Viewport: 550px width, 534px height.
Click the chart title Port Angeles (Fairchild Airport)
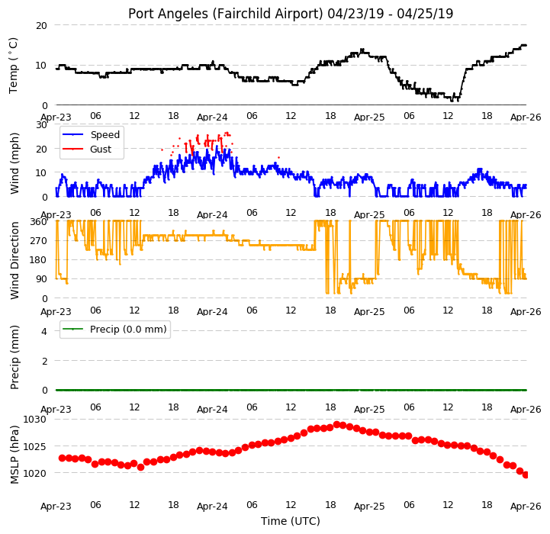225,14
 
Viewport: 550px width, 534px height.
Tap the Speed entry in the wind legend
105,135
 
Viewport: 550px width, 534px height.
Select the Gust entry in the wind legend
101,149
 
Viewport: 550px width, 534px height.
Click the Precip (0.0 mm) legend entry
128,330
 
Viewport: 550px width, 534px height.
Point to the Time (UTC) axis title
291,521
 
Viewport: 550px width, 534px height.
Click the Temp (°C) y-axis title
13,66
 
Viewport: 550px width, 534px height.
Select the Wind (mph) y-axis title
14,163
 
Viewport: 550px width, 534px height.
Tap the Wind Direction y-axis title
14,260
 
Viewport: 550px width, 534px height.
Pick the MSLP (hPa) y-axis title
14,455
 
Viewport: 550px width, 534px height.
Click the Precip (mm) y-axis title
14,358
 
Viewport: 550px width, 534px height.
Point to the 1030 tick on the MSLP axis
34,420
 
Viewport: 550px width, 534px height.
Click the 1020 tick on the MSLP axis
34,474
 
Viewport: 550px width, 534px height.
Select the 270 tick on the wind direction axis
40,241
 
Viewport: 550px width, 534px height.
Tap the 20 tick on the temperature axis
41,26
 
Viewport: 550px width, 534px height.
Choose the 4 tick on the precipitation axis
44,331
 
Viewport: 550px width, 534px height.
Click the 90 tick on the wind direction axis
42,279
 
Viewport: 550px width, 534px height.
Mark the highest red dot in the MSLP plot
337,425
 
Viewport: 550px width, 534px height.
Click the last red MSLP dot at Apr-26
526,474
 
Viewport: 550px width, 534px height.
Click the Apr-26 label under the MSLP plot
526,507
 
